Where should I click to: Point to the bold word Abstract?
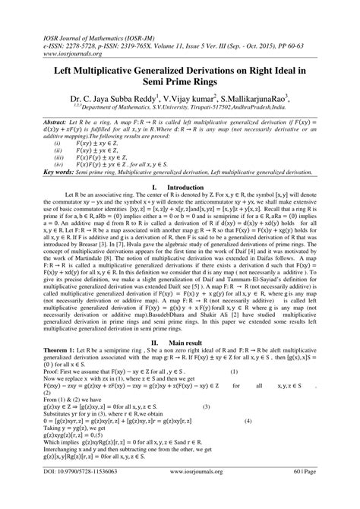point(34,122)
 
